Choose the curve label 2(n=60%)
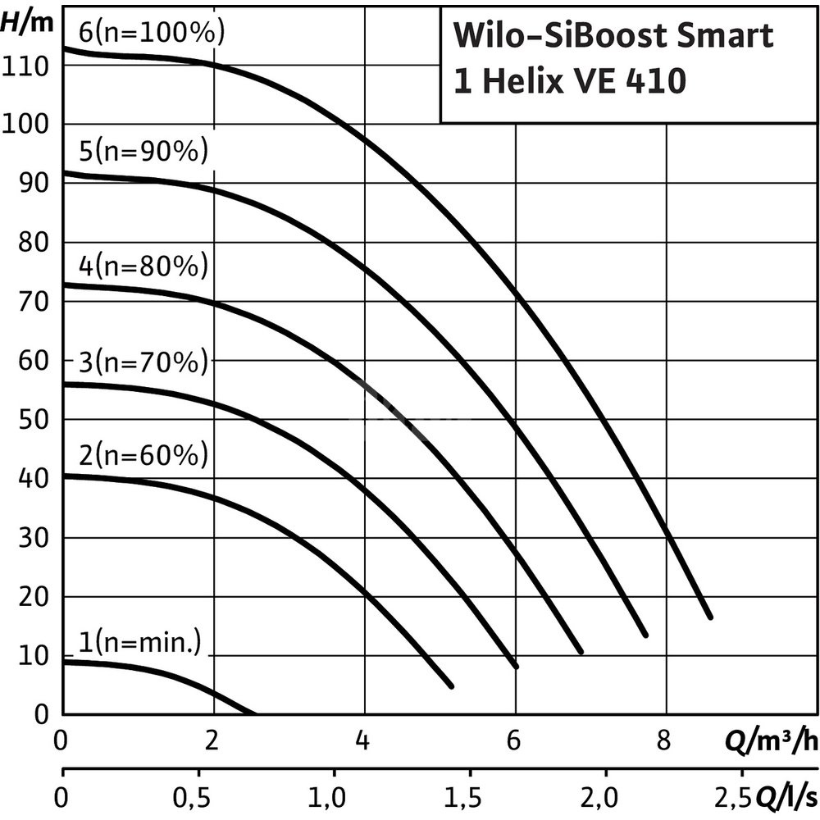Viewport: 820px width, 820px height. tap(143, 454)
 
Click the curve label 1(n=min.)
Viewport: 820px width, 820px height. tap(140, 643)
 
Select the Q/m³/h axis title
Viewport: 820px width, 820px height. tap(771, 743)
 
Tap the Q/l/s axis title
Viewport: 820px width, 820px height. tap(786, 795)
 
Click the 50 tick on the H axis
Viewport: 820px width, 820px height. tap(34, 420)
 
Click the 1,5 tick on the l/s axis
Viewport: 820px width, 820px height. tap(470, 795)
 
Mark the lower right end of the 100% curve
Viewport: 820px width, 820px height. tap(709, 616)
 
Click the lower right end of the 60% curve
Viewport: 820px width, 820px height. tap(450, 685)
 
